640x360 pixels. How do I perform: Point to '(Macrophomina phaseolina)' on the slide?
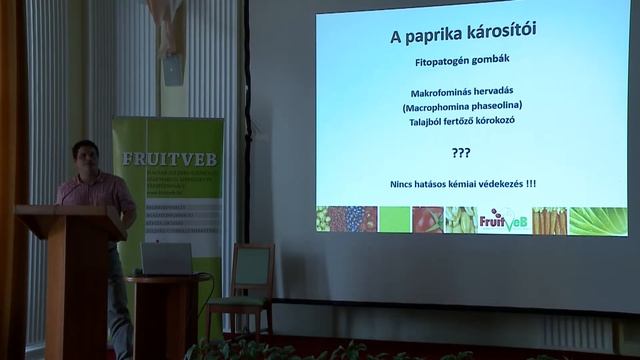tap(463, 106)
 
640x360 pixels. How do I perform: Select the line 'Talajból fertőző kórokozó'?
tap(463, 120)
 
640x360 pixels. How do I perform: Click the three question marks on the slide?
tap(461, 152)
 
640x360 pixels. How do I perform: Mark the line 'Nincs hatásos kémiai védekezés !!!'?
tap(463, 183)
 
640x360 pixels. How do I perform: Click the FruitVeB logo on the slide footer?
tap(504, 220)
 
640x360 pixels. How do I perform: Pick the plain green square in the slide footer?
tap(394, 220)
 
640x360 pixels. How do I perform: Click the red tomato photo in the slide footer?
tap(427, 220)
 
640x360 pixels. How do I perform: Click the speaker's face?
tap(86, 158)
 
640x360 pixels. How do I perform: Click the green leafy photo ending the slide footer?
tap(598, 220)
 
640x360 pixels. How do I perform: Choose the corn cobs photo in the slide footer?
tap(460, 220)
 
